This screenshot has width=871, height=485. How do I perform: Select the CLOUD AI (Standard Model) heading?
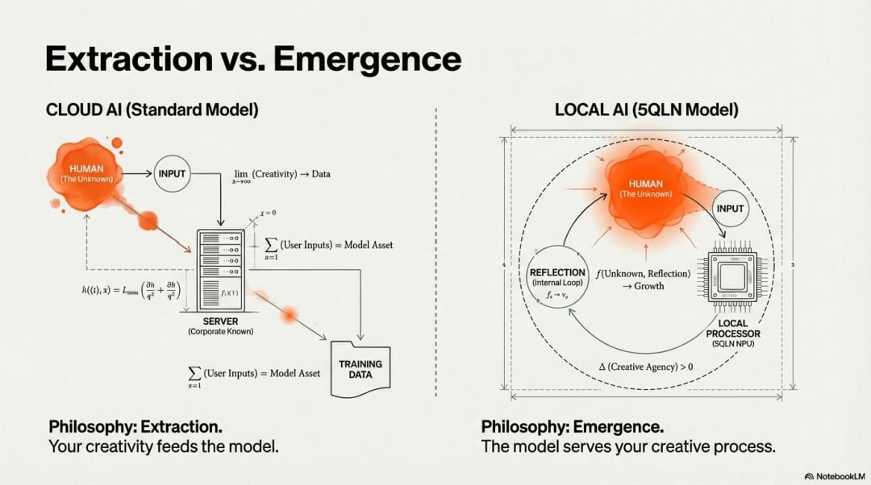(x=152, y=110)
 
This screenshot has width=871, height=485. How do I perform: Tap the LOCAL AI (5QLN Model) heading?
(x=647, y=110)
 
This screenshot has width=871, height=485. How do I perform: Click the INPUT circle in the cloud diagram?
(x=172, y=173)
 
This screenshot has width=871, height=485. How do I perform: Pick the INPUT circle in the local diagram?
(x=730, y=209)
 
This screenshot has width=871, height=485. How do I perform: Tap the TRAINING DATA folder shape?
(x=360, y=370)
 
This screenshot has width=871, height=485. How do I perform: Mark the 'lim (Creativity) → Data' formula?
(x=281, y=175)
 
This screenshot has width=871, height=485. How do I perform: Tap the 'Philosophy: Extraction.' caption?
(x=135, y=426)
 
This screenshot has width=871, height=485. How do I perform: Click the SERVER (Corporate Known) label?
(x=220, y=326)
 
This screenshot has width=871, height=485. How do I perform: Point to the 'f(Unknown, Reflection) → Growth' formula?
(x=643, y=279)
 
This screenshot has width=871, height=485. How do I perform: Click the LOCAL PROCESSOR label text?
(x=732, y=328)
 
